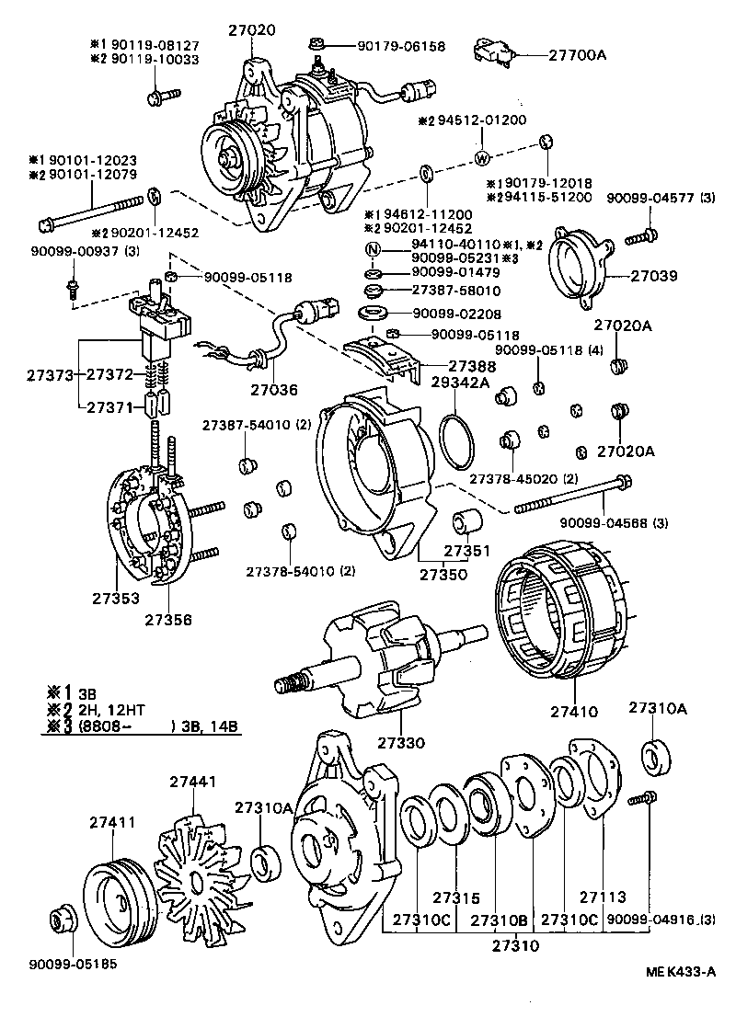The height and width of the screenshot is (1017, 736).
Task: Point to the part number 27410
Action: [575, 711]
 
